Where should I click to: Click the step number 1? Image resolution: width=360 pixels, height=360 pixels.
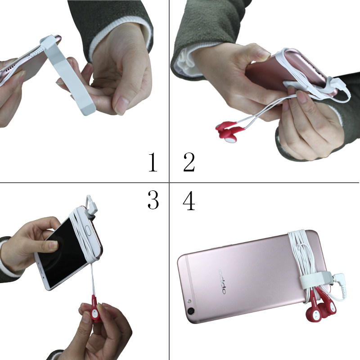153,162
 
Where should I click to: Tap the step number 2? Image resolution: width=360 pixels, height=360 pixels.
189,162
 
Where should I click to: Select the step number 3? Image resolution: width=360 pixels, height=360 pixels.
153,200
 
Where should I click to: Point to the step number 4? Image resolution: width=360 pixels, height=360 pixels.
189,201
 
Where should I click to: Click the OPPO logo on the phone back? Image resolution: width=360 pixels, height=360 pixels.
222,282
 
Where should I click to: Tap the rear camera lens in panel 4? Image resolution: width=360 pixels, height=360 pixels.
190,311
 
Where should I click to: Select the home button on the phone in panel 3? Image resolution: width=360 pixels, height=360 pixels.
88,229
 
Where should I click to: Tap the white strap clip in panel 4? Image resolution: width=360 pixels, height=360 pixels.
316,279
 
